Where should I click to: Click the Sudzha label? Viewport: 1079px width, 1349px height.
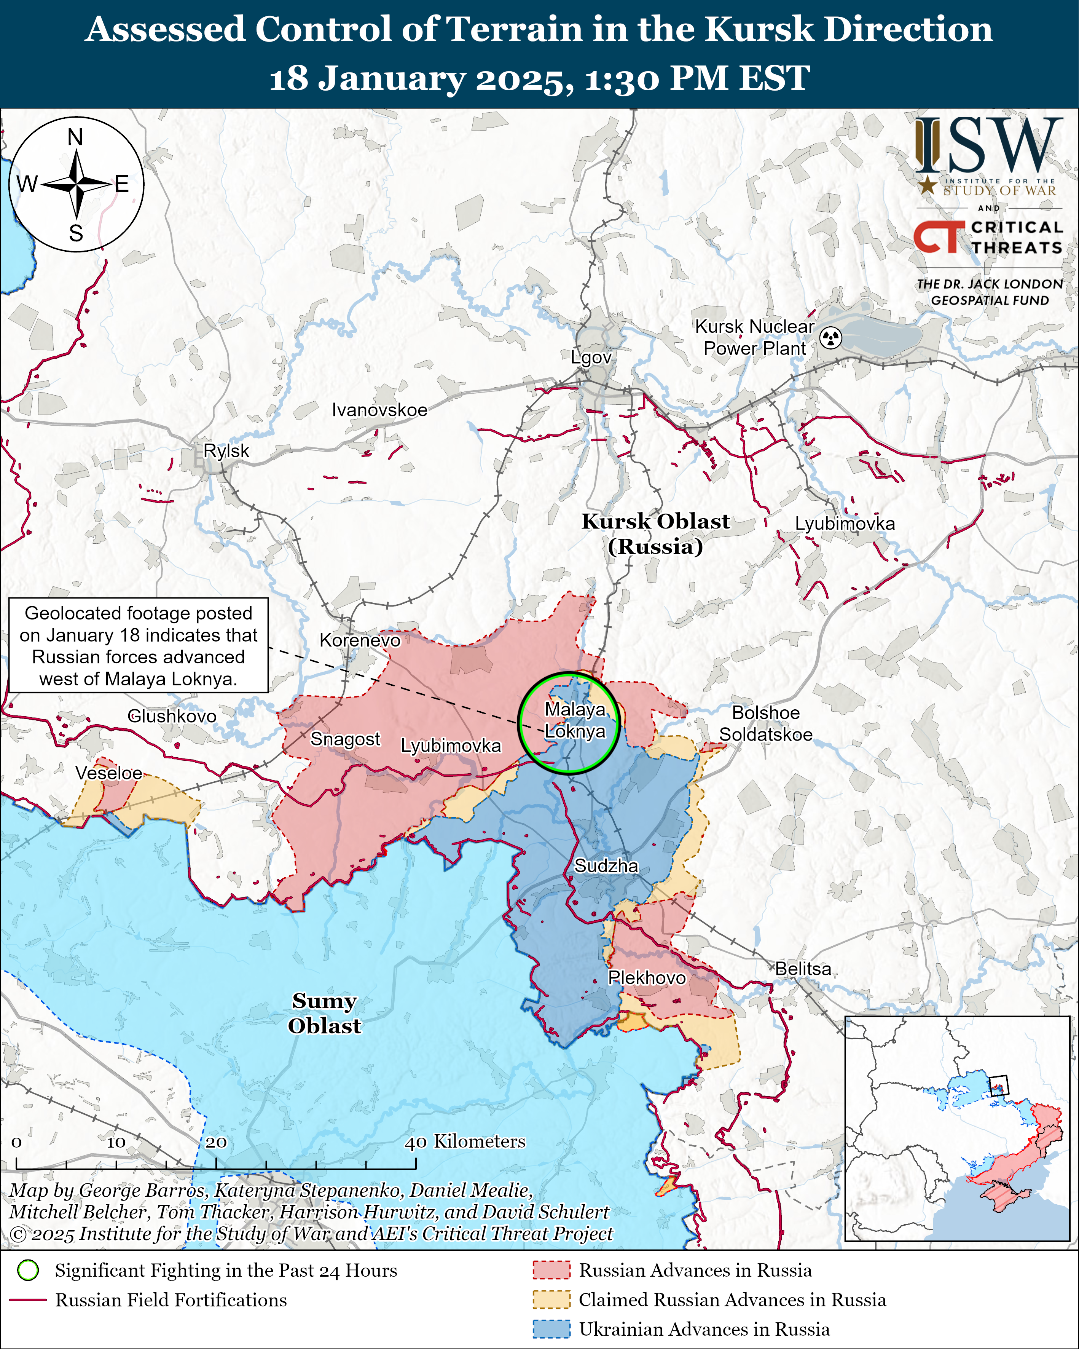(x=606, y=866)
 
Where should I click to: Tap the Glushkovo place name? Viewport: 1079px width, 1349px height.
(x=172, y=716)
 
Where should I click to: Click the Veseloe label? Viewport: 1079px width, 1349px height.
(x=109, y=773)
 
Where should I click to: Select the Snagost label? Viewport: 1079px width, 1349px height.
(x=345, y=739)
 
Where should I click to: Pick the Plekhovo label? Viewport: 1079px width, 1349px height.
(x=647, y=977)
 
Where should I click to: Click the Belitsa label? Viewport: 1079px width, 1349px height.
(x=803, y=969)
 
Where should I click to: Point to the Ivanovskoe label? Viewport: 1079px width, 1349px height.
(x=380, y=410)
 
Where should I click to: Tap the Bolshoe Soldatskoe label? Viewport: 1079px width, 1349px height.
(x=766, y=723)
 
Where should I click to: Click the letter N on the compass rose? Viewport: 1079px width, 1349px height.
(x=75, y=137)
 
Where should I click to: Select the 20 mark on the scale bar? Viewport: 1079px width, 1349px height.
(x=216, y=1142)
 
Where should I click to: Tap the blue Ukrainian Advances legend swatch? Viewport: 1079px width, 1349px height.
(x=551, y=1329)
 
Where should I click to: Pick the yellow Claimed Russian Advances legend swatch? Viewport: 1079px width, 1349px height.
(x=551, y=1300)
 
